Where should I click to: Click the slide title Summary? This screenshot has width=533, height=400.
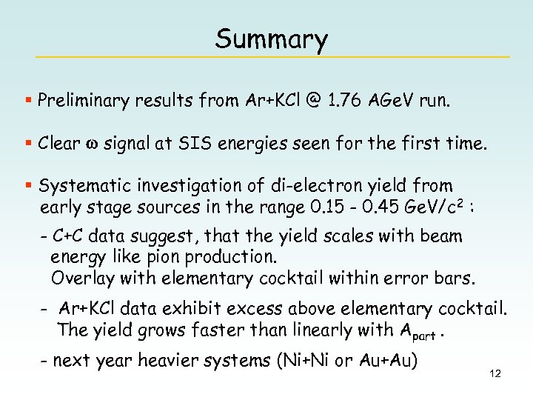point(271,39)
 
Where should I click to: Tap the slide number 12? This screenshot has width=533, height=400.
point(495,373)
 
